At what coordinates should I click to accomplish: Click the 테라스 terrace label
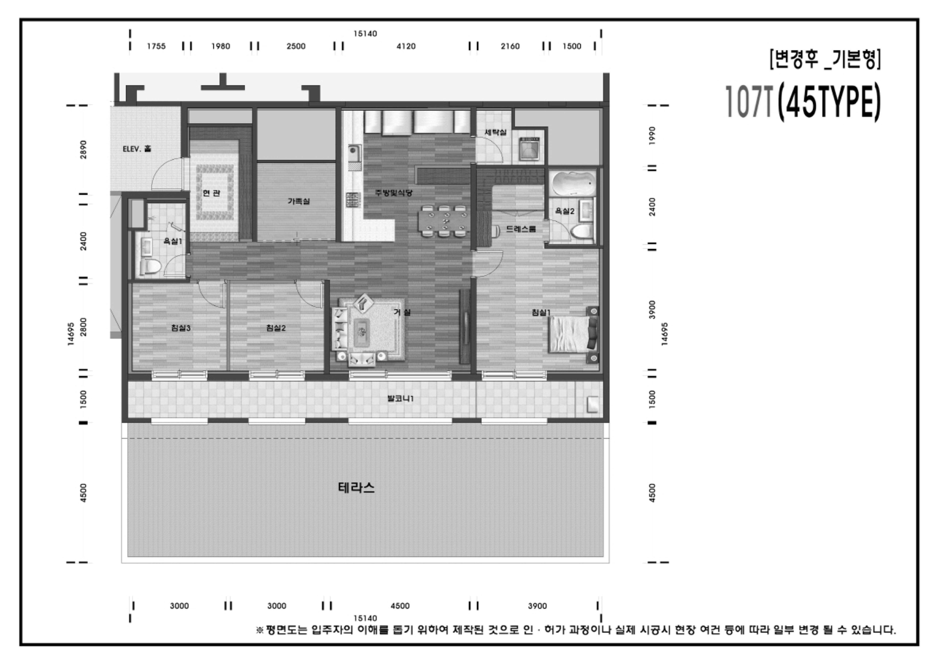[x=356, y=487]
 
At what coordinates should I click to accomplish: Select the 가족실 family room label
[x=298, y=201]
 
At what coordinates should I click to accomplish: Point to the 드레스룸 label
[x=521, y=229]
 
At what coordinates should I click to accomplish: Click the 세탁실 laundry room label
[x=495, y=132]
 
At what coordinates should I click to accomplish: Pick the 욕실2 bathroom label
[x=565, y=211]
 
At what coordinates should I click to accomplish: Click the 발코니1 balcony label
[x=400, y=398]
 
